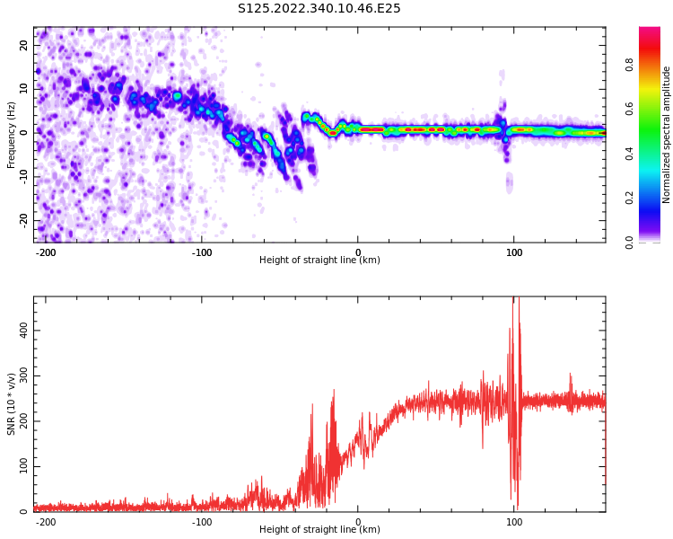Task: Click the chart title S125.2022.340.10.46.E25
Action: [319, 9]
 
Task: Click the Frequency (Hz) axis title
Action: [12, 135]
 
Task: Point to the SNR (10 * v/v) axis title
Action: [12, 404]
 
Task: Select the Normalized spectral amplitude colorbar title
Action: [667, 135]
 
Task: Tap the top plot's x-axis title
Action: [319, 261]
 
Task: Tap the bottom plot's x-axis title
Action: [319, 530]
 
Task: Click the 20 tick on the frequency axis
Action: [24, 45]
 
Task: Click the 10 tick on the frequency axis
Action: [24, 89]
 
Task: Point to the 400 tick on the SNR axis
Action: [24, 330]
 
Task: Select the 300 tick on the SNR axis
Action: [24, 376]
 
